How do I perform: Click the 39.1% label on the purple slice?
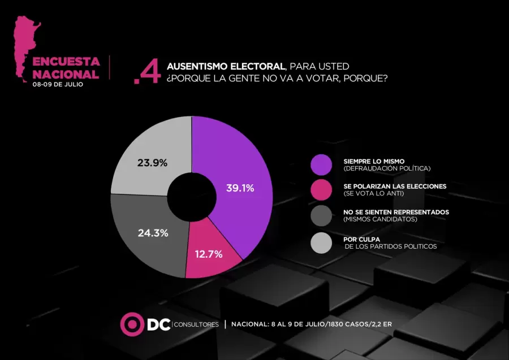coord(240,188)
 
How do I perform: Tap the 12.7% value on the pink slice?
coord(208,254)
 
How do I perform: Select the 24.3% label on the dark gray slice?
coord(153,232)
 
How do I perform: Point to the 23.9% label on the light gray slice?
coord(152,163)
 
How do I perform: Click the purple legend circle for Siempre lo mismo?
coord(321,164)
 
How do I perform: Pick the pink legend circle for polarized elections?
coord(321,190)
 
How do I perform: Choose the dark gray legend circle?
coord(321,215)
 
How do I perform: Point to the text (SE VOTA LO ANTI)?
coord(374,193)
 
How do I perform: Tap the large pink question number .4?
coord(144,74)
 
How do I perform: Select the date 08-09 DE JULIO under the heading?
coord(58,84)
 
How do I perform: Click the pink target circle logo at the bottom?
coord(132,324)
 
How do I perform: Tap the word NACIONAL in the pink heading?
coord(66,74)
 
